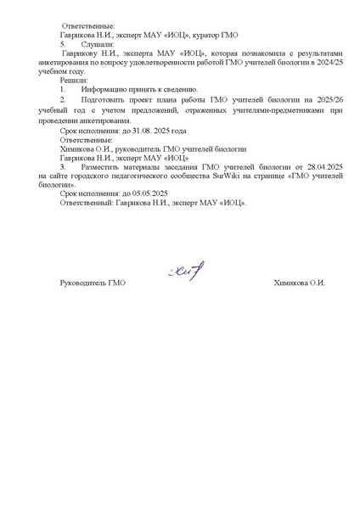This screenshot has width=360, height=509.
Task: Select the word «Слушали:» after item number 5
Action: click(x=95, y=44)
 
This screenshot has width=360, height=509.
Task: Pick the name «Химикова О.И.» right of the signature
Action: click(x=300, y=282)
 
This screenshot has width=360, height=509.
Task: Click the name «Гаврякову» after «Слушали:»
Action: click(x=82, y=53)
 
